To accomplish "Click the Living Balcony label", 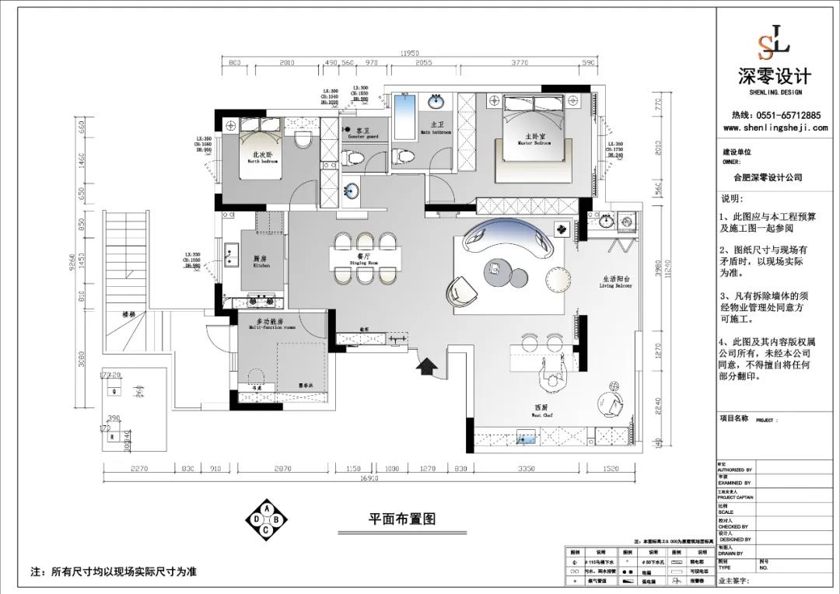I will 616,281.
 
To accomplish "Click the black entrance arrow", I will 426,365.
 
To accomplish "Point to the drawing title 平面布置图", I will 401,519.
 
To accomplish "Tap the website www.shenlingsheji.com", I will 775,128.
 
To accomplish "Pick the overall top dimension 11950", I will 410,54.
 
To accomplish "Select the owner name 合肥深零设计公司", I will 761,177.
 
